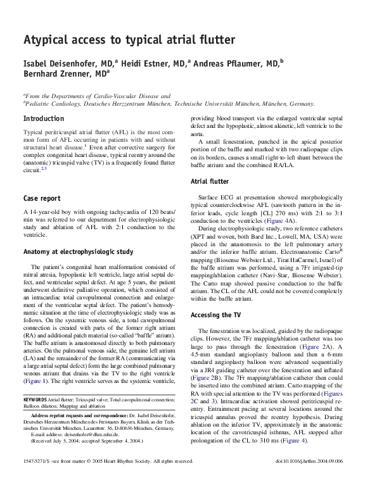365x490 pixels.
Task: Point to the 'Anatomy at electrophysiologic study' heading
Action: (78, 251)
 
